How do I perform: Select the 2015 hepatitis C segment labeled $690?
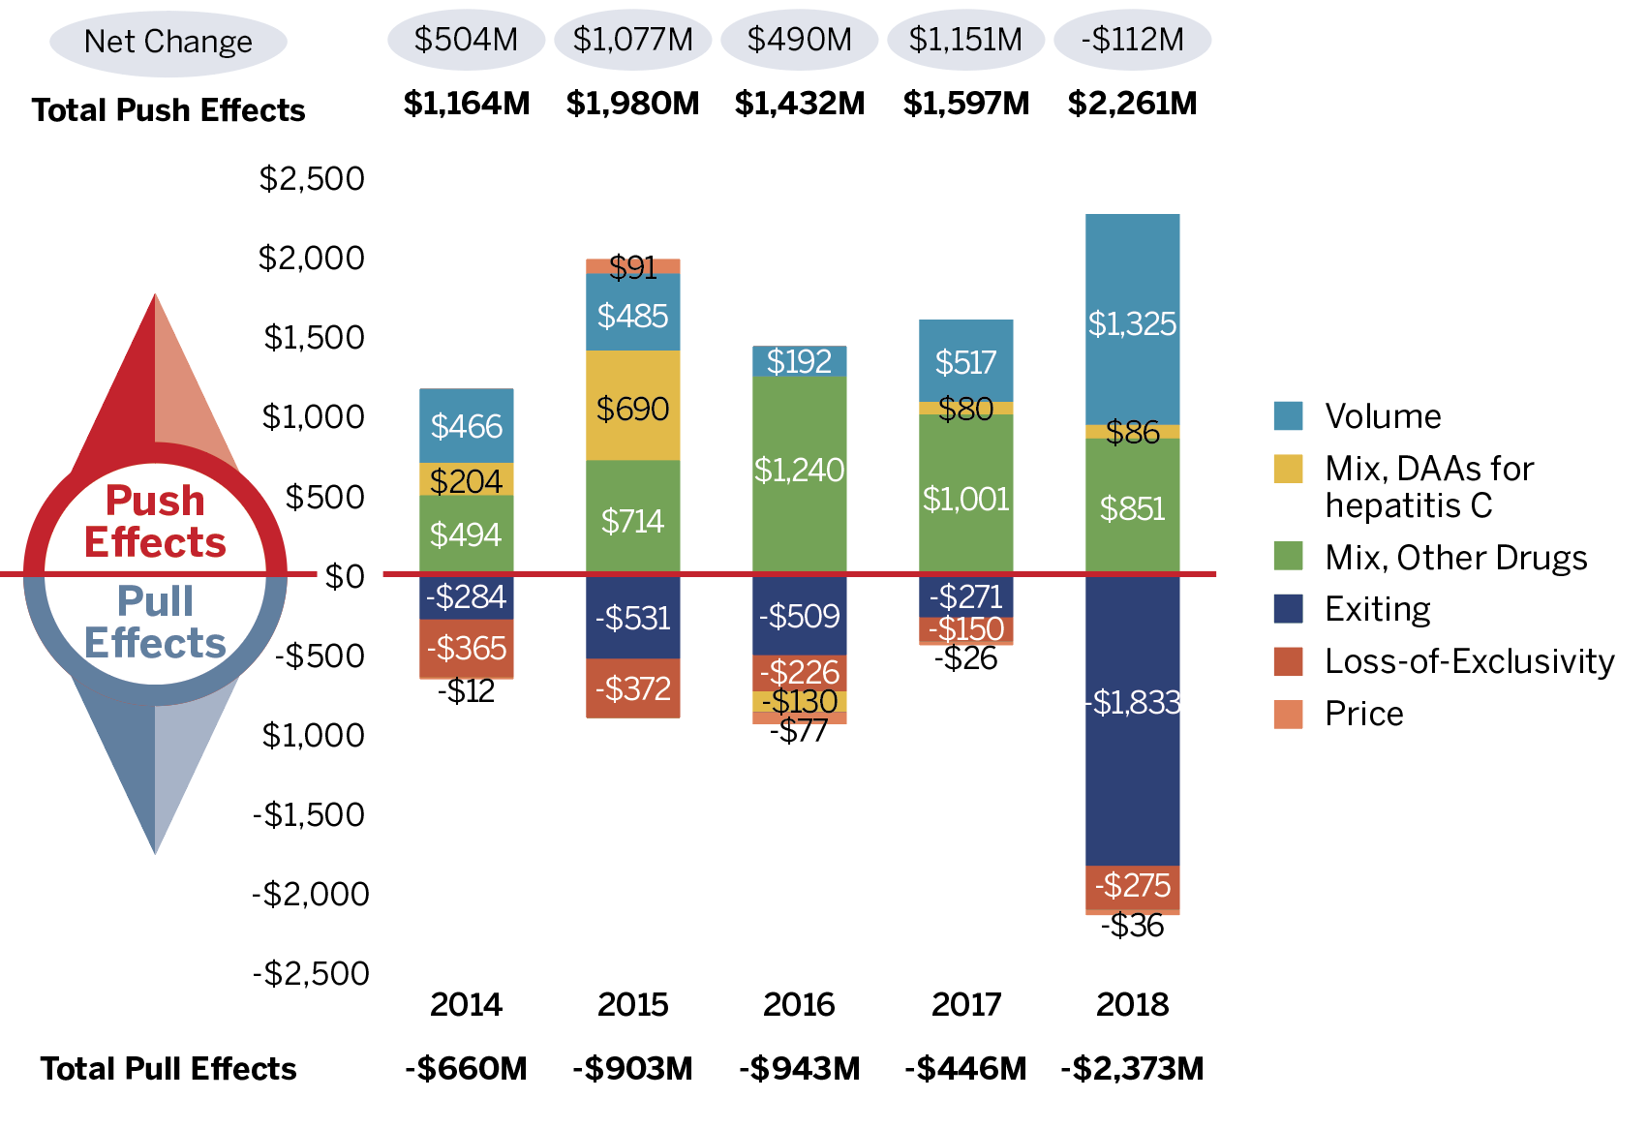[632, 406]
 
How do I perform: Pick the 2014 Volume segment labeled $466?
[466, 426]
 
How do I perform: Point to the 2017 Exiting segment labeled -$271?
[965, 596]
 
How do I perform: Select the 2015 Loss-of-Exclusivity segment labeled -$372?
[632, 688]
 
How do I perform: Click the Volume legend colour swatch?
[1288, 416]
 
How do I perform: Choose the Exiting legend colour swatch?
[1288, 609]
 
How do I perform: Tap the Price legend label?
[1363, 714]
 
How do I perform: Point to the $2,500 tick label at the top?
[312, 178]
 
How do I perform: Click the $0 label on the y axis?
[344, 576]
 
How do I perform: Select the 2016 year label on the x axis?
[799, 1004]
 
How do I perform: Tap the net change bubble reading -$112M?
[1132, 40]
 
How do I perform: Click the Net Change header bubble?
[168, 42]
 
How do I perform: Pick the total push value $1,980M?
[632, 103]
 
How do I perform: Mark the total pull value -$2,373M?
[1132, 1068]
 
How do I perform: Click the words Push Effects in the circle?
[155, 522]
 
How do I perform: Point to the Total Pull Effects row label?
[168, 1068]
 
